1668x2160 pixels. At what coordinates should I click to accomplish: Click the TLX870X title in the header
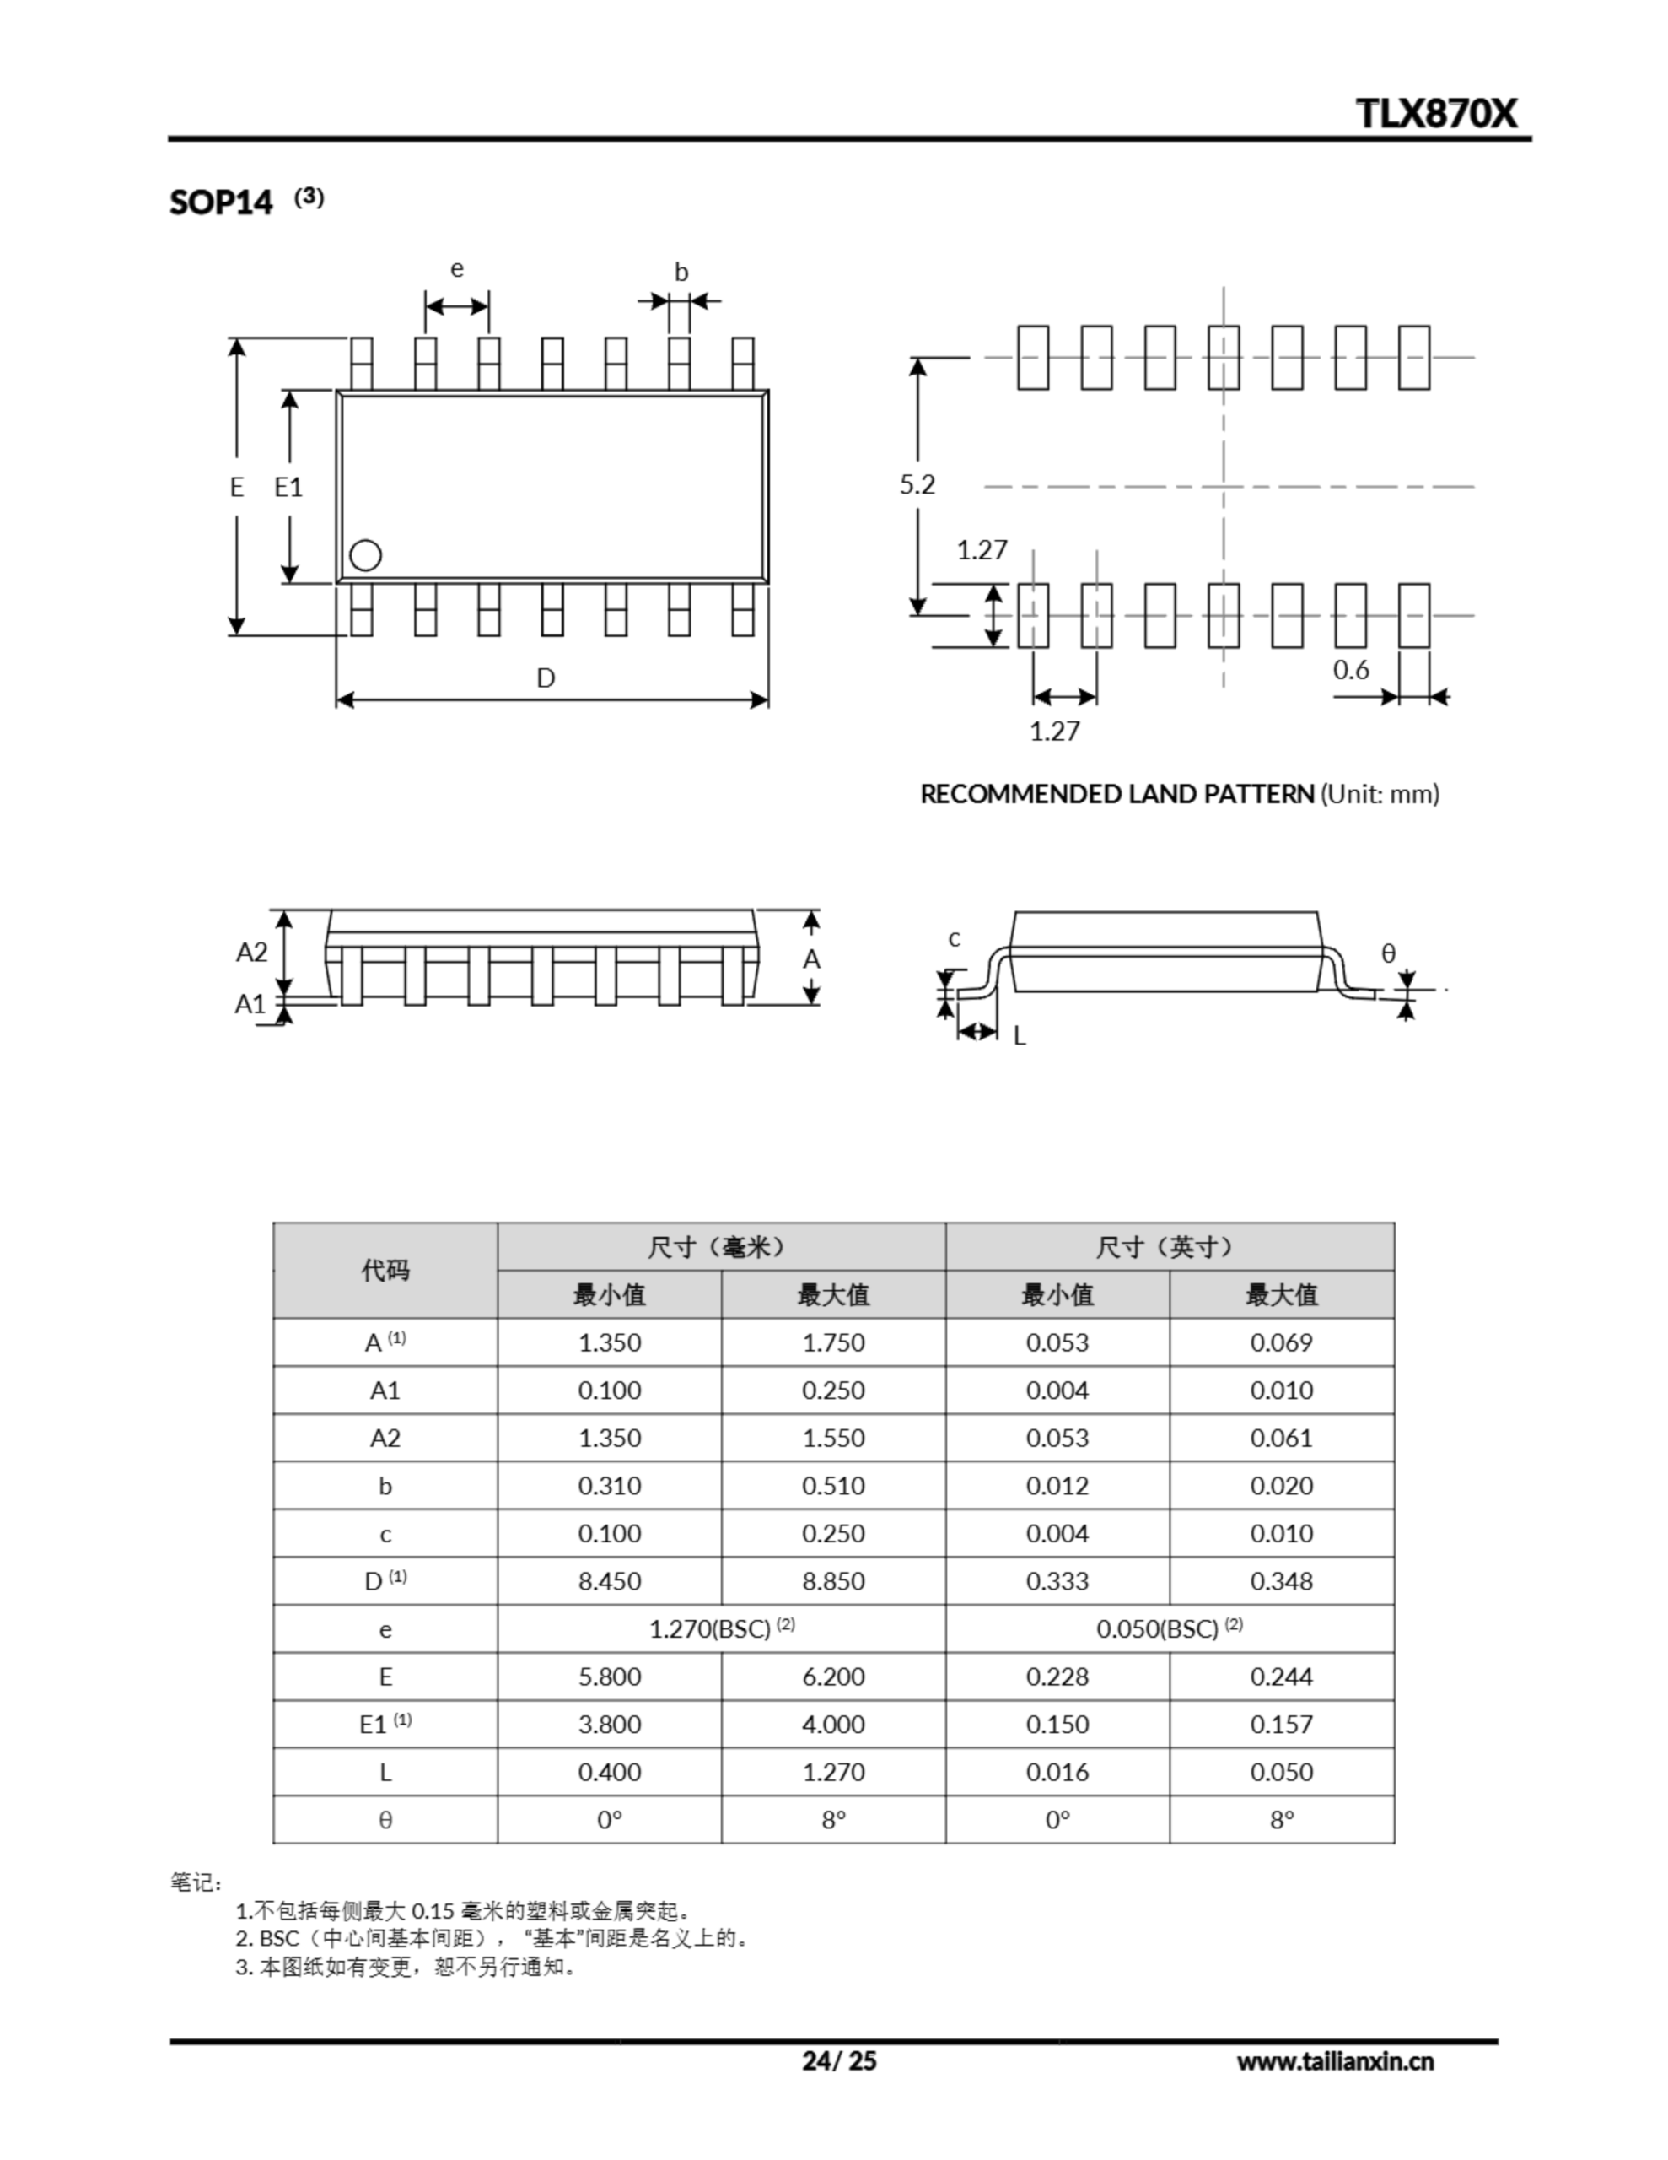pos(1434,113)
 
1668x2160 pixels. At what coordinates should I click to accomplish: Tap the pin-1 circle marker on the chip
pos(366,555)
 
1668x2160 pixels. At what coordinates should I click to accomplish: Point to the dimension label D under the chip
pos(546,678)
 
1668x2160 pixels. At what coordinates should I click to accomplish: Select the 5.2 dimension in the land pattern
pos(917,483)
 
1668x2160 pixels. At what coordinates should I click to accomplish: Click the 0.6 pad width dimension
pos(1351,670)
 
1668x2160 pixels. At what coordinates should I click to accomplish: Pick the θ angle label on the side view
pos(1388,953)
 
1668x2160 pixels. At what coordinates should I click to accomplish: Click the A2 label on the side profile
pos(251,952)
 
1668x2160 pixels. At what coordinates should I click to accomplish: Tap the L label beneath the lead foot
pos(1020,1035)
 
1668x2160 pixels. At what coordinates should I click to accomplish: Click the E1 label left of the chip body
pos(288,487)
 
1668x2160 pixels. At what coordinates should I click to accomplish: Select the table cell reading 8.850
pos(832,1580)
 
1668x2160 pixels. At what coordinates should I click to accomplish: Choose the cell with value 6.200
pos(832,1677)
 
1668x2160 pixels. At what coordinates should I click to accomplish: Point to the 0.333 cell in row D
pos(1057,1580)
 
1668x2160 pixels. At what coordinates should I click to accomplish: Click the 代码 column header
pos(385,1270)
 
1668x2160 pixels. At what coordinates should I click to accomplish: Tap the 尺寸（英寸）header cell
pos(1169,1246)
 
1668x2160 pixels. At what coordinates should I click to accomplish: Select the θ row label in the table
pos(385,1820)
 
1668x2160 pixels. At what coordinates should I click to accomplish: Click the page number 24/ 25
pos(838,2060)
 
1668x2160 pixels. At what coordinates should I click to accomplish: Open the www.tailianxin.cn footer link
pos(1334,2061)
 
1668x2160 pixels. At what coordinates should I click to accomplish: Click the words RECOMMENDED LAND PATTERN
pos(1117,793)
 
